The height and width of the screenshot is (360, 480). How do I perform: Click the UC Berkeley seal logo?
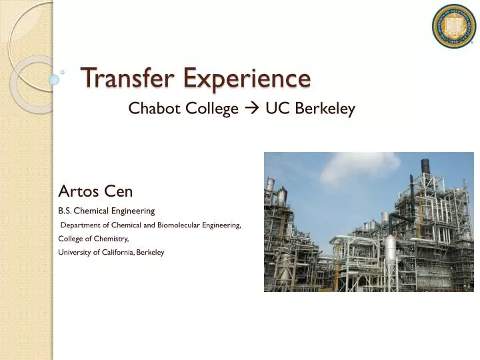[453, 26]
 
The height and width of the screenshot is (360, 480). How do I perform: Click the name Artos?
[79, 192]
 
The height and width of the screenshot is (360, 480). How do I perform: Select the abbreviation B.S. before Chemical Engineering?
[66, 211]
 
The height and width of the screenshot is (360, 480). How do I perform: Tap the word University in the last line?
[75, 252]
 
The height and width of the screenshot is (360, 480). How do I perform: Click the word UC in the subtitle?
[275, 109]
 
